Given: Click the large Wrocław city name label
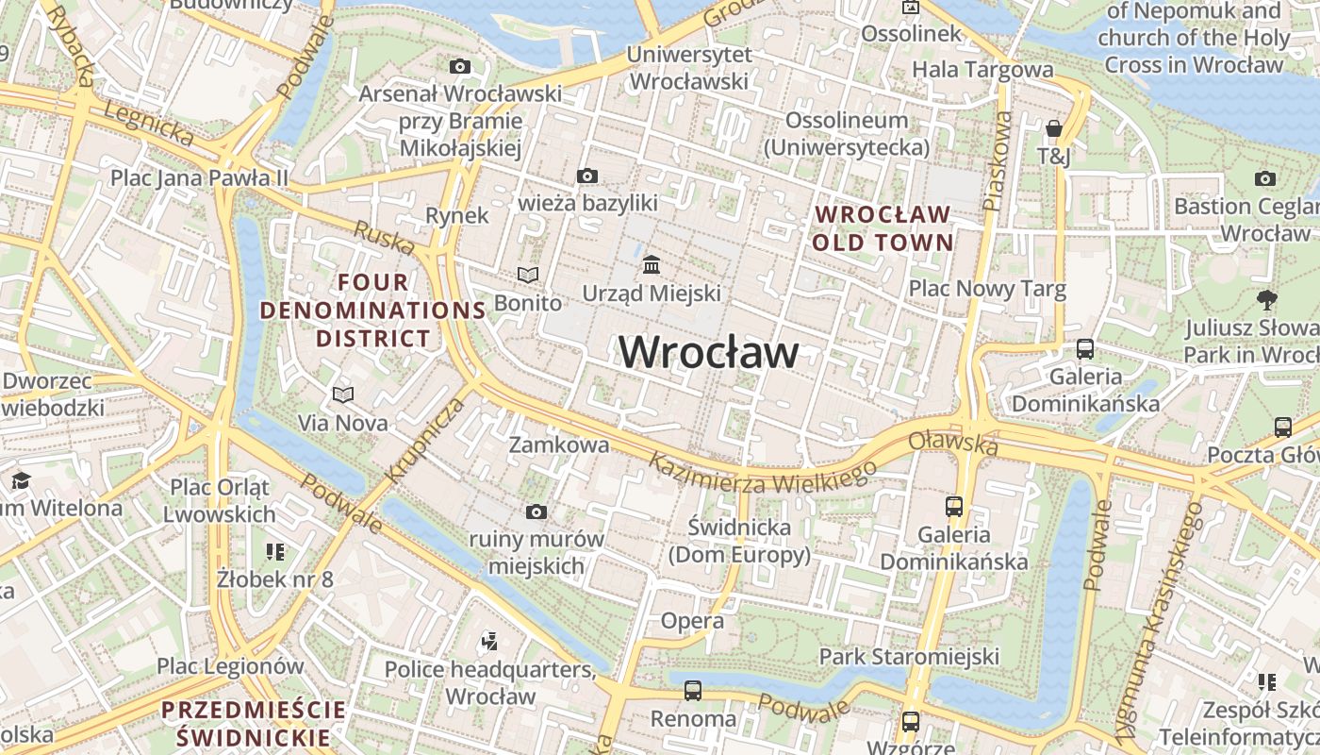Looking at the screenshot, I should [x=709, y=352].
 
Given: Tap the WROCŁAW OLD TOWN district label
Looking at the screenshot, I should [x=883, y=228].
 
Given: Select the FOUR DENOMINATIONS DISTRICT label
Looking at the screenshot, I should [x=373, y=310].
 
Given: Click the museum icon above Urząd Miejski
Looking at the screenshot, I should [x=652, y=264].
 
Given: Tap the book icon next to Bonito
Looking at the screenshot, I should [x=528, y=275].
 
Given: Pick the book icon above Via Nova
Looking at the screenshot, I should [x=343, y=394].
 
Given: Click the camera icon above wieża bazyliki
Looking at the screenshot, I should [x=587, y=176].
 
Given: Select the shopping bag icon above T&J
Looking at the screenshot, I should [x=1054, y=127].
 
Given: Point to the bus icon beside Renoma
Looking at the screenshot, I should [x=693, y=690].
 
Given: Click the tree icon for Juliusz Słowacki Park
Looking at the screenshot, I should [x=1266, y=300].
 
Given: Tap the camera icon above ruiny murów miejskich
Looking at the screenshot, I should [x=536, y=512].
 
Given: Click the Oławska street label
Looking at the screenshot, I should [x=952, y=443].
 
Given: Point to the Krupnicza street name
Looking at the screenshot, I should [x=426, y=440].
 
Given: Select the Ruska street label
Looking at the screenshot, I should [x=384, y=237].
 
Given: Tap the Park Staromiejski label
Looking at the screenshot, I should [x=909, y=656].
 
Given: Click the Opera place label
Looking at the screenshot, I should [x=692, y=620].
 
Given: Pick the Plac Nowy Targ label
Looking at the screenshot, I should [x=987, y=289].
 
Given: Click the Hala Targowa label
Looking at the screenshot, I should [x=982, y=69].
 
